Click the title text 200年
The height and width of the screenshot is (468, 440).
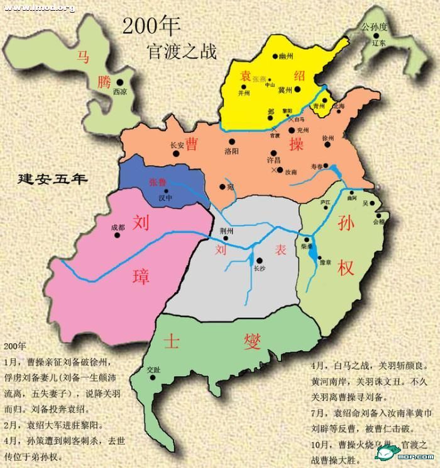click(151, 26)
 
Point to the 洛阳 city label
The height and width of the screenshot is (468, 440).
click(231, 151)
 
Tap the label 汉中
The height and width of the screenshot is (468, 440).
click(164, 198)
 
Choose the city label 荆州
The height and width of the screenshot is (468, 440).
click(226, 231)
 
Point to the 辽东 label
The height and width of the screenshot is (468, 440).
click(378, 43)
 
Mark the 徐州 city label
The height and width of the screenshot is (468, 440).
click(327, 137)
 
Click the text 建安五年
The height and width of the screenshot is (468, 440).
click(52, 178)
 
